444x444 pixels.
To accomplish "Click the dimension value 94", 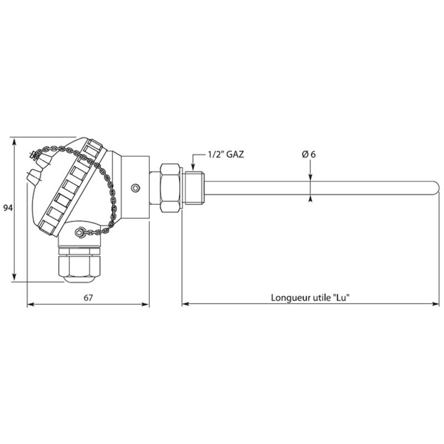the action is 8,208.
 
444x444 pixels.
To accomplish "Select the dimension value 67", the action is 88,298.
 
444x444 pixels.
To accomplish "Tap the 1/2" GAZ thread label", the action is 226,155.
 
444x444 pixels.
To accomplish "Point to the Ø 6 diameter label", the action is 309,155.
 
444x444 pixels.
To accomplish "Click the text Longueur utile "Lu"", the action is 310,297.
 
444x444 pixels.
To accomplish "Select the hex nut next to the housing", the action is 170,188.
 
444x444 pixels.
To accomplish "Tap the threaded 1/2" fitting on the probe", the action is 195,188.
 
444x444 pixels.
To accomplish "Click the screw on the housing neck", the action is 135,188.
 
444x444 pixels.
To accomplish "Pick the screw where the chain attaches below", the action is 80,233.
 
